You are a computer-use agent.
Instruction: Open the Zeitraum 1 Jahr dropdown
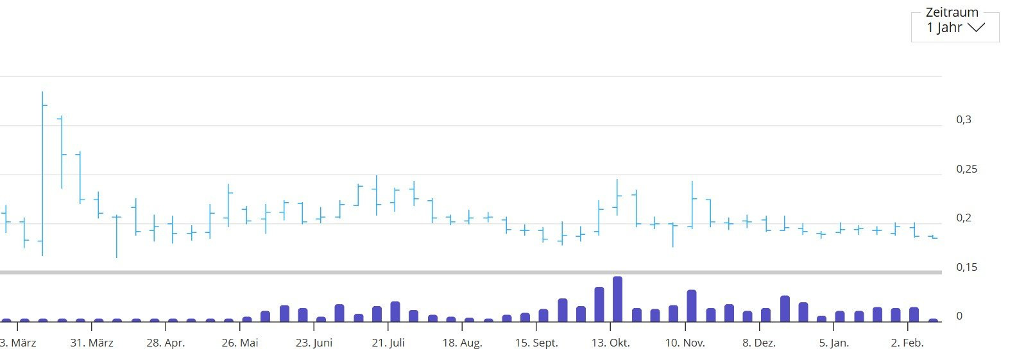click(955, 27)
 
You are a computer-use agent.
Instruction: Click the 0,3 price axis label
click(963, 120)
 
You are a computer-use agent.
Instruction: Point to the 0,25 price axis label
click(966, 169)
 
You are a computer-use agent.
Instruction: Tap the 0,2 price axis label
click(963, 218)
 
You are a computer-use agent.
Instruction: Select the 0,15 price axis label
click(966, 267)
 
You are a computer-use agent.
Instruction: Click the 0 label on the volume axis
click(959, 316)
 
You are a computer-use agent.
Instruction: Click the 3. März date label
click(18, 343)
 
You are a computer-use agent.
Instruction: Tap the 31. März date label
click(92, 343)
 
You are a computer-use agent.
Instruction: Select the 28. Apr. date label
click(166, 343)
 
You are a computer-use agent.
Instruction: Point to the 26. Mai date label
click(240, 343)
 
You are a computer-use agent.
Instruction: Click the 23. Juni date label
click(314, 343)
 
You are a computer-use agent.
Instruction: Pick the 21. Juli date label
click(388, 343)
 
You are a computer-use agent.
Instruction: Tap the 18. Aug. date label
click(462, 343)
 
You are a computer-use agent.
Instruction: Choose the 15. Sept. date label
click(536, 343)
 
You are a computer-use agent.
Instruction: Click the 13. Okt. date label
click(610, 343)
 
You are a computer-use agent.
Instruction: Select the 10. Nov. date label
click(685, 343)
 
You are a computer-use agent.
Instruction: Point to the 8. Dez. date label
click(759, 343)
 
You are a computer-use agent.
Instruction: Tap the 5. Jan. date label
click(833, 343)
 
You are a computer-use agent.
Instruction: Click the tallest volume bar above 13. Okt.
click(617, 299)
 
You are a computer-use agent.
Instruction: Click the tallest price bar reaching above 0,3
click(42, 173)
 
